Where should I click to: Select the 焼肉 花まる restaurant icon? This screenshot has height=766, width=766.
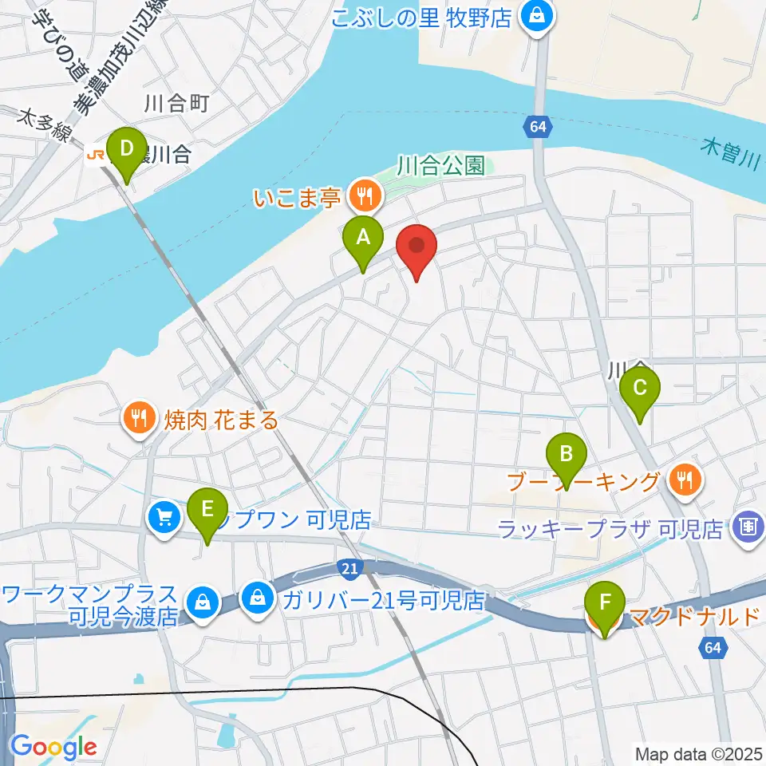140,418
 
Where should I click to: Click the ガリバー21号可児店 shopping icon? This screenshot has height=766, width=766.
258,596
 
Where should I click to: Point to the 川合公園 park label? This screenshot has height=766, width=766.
440,166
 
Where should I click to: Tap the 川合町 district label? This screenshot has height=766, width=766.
176,103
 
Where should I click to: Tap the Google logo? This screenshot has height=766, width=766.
53,747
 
